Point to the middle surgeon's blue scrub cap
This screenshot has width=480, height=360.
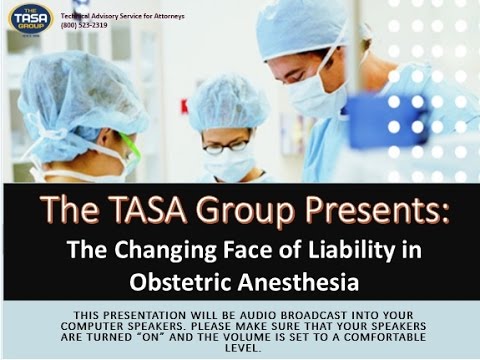226,106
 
